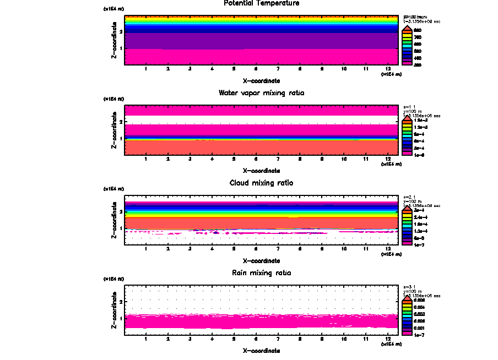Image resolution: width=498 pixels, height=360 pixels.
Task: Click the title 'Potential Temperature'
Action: click(262, 3)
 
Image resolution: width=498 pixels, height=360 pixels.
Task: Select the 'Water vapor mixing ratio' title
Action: click(262, 93)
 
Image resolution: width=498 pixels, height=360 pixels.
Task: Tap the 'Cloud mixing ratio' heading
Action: click(262, 183)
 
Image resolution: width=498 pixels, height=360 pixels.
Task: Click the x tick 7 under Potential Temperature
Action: click(278, 69)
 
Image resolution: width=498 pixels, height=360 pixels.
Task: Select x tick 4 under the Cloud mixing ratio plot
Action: click(212, 249)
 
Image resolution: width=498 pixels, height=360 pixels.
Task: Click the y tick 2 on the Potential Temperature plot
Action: click(121, 31)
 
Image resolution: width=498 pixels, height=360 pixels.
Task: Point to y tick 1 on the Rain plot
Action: click(121, 318)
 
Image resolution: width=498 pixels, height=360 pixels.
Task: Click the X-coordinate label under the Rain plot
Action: click(262, 350)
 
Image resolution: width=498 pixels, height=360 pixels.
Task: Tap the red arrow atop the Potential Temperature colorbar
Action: click(406, 29)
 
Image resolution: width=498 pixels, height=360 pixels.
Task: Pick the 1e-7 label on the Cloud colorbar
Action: click(419, 244)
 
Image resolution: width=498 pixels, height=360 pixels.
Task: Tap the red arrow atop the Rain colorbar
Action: click(406, 298)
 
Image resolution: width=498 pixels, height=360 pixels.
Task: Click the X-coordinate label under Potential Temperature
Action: click(262, 80)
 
